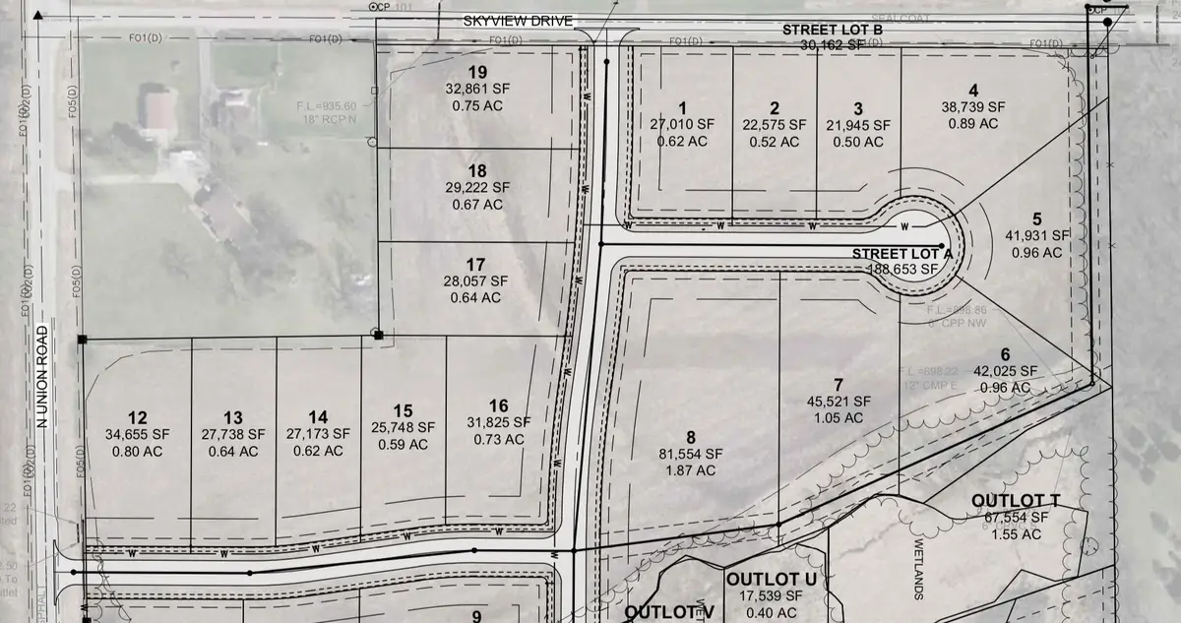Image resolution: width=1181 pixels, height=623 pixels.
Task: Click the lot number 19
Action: pyautogui.click(x=478, y=72)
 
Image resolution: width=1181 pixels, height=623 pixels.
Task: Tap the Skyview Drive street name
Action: pyautogui.click(x=519, y=22)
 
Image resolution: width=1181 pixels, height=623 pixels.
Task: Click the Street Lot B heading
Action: pyautogui.click(x=833, y=30)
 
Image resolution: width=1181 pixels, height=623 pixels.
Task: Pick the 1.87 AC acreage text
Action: pyautogui.click(x=691, y=471)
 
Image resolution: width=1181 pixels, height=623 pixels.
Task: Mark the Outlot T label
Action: pyautogui.click(x=1015, y=500)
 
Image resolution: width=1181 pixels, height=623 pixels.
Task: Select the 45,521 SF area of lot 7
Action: pyautogui.click(x=838, y=401)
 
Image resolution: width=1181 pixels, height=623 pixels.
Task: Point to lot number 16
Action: pyautogui.click(x=498, y=405)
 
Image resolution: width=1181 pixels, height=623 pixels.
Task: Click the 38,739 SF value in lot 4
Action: pyautogui.click(x=973, y=106)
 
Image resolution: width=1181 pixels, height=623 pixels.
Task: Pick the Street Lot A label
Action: pyautogui.click(x=902, y=253)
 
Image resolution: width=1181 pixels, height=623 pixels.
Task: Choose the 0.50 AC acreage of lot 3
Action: pyautogui.click(x=858, y=142)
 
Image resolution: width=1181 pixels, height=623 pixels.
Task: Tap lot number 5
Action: pyautogui.click(x=1036, y=218)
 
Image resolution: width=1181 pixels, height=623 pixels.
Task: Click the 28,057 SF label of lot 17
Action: pyautogui.click(x=476, y=281)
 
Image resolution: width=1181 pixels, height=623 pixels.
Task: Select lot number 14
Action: pyautogui.click(x=317, y=416)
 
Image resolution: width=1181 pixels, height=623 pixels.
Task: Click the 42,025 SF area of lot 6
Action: pyautogui.click(x=1005, y=371)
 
